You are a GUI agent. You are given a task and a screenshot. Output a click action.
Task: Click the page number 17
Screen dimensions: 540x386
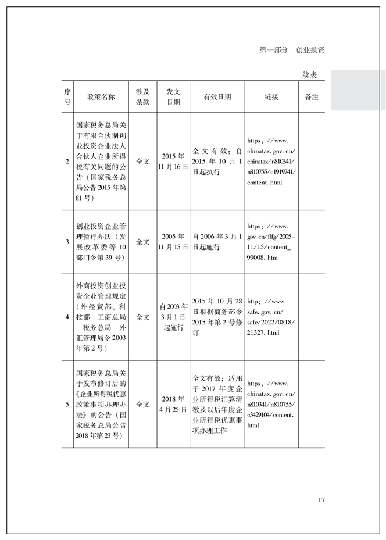(x=321, y=499)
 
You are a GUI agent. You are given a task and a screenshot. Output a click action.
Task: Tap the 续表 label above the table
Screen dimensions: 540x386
(x=309, y=76)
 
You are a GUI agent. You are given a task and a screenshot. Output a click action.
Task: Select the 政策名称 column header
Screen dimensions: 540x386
(x=101, y=96)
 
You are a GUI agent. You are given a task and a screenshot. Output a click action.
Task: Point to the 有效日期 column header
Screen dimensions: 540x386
(x=217, y=96)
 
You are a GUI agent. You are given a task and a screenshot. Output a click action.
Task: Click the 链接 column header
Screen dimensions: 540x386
(x=271, y=96)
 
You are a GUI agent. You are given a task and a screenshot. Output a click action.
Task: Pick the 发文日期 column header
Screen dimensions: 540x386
(x=173, y=96)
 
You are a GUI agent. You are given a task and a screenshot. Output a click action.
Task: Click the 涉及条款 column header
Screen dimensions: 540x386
(x=143, y=96)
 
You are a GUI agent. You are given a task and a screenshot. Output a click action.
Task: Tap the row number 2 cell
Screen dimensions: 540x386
(x=67, y=161)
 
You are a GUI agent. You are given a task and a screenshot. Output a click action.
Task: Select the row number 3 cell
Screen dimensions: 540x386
(x=67, y=241)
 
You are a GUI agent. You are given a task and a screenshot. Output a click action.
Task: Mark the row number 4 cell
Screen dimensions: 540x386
(x=67, y=317)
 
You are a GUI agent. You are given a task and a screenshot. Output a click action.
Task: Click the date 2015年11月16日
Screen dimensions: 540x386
(x=173, y=161)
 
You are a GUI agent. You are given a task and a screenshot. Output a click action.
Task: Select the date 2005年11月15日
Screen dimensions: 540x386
(x=173, y=241)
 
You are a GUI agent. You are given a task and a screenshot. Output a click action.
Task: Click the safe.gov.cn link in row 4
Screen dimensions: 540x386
(x=271, y=317)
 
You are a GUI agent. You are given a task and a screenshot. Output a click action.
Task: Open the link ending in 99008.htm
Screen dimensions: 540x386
(x=271, y=241)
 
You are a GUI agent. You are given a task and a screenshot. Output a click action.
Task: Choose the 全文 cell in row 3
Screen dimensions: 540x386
(x=143, y=241)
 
